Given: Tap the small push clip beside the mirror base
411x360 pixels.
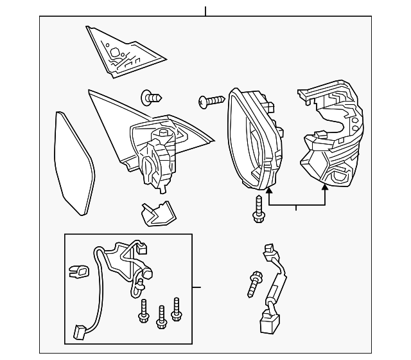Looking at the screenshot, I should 152,98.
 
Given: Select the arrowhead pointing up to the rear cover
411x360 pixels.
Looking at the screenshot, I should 325,187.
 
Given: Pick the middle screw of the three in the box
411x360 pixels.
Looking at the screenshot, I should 161,313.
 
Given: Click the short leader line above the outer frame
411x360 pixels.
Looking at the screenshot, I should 205,11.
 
